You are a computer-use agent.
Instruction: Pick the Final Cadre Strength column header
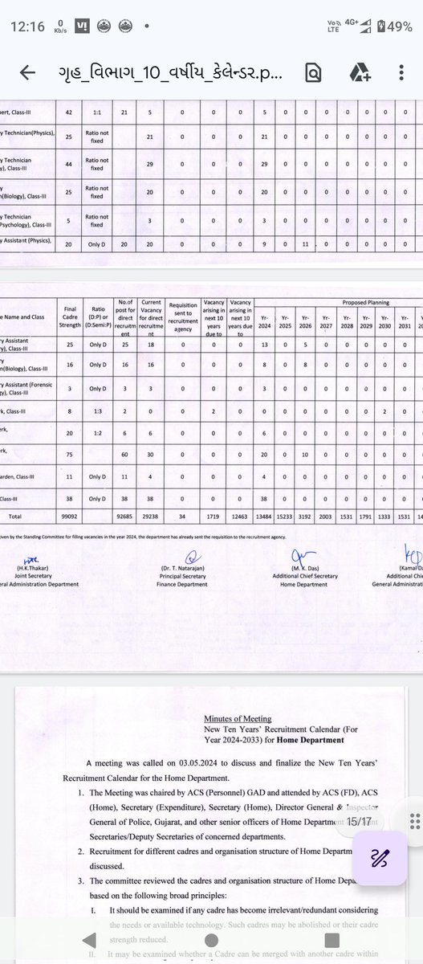pos(69,315)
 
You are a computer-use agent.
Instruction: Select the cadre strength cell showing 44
pos(69,186)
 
